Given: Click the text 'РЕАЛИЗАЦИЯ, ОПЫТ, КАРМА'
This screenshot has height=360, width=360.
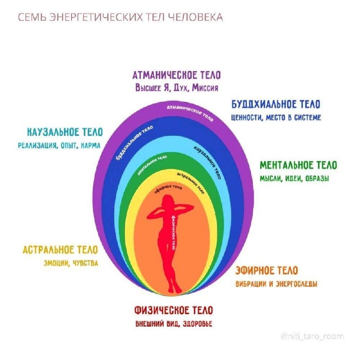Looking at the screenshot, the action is coord(59,145).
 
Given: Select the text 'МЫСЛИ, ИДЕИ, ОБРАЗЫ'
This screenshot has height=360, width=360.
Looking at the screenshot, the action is coord(294,178).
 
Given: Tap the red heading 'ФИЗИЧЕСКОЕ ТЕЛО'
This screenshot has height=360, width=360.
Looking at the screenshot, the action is coord(173,310).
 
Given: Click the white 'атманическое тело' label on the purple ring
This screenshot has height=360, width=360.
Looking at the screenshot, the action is coord(190,111).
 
